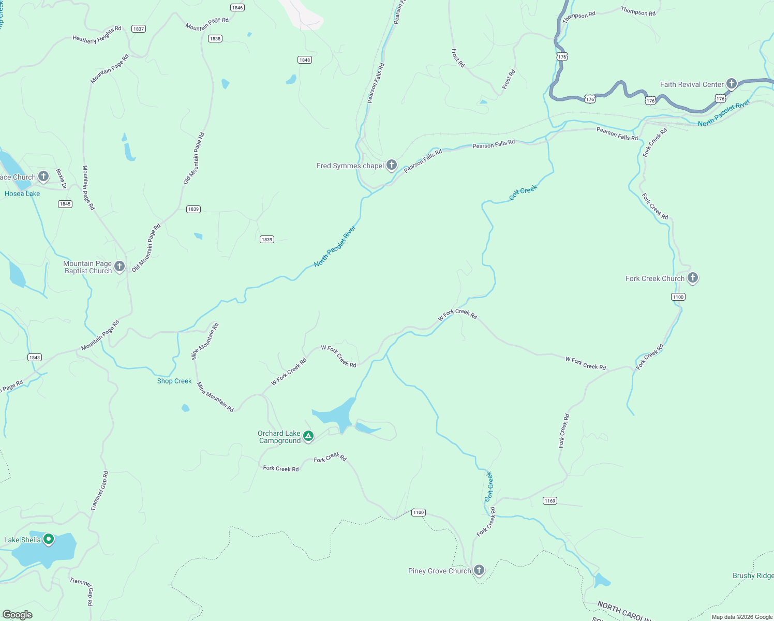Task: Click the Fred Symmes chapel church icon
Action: [392, 165]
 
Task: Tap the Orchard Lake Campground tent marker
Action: [308, 436]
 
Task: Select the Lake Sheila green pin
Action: [49, 539]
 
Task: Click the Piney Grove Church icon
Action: [479, 570]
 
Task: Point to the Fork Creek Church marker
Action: [692, 278]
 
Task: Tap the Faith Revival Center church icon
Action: [731, 83]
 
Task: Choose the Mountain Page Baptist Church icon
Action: [120, 267]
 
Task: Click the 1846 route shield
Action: [237, 8]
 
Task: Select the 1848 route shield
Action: [305, 60]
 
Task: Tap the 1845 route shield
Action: [65, 204]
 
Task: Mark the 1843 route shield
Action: [35, 358]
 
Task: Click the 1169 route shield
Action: [550, 500]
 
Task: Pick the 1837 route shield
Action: [139, 29]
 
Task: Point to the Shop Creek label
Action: [174, 381]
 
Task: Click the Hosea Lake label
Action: [22, 194]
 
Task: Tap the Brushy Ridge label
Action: [753, 575]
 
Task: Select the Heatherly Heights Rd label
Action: [97, 35]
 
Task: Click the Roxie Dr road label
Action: [61, 179]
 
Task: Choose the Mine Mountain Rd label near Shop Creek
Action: [215, 397]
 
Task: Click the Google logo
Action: [18, 615]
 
